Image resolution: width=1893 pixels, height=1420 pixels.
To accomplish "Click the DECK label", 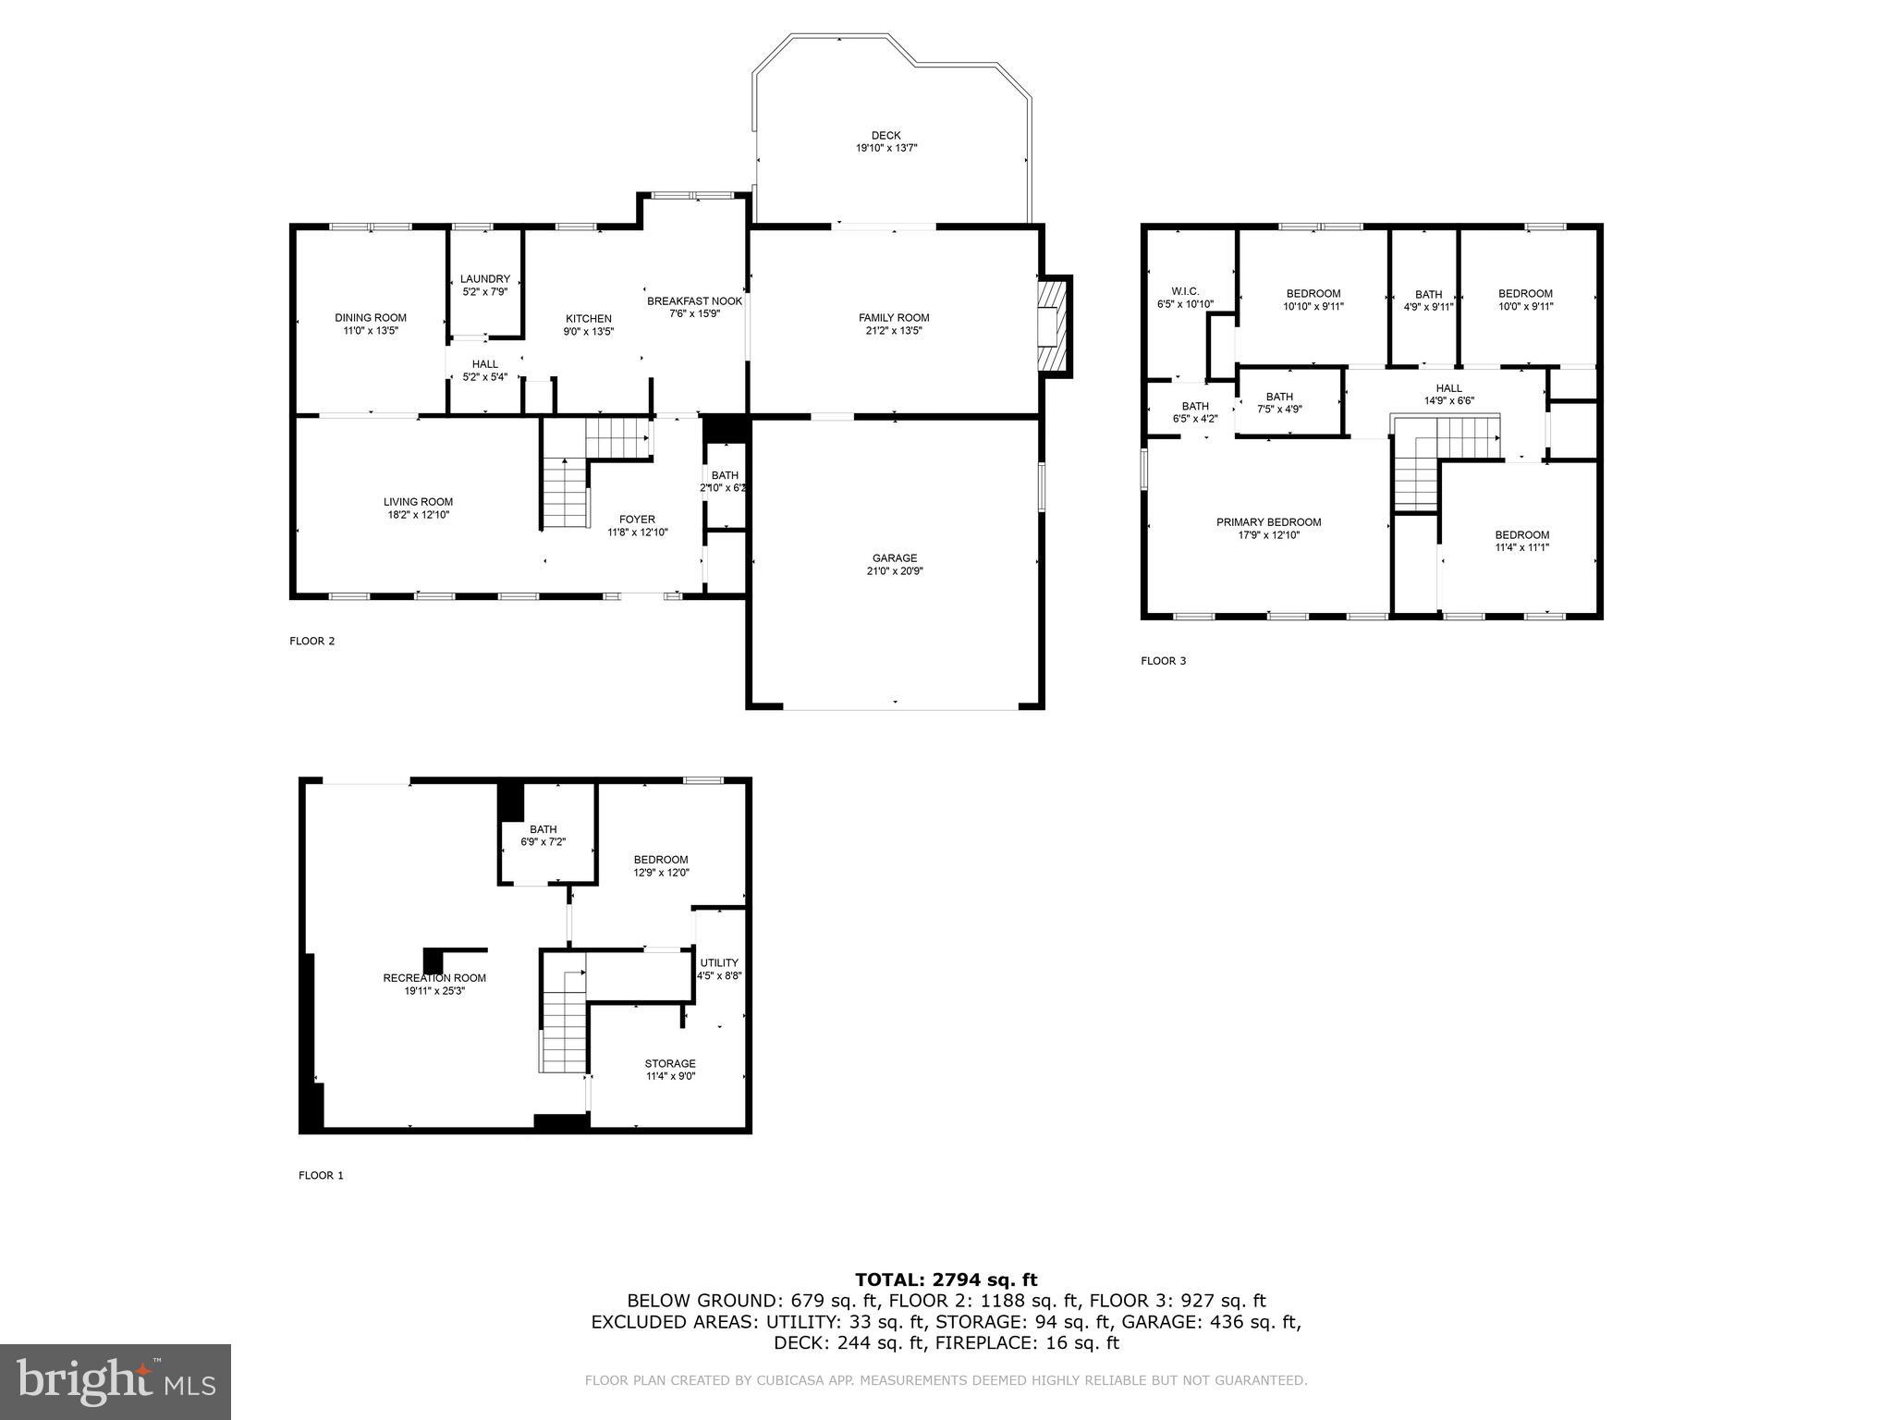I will pos(885,136).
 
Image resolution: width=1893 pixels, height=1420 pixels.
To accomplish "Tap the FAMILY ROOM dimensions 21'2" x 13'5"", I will pos(894,331).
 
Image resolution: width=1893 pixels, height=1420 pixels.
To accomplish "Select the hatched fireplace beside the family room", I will pos(1051,325).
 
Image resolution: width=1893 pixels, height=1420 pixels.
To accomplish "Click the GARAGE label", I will pos(894,558).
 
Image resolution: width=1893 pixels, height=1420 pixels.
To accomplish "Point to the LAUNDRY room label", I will pos(484,279).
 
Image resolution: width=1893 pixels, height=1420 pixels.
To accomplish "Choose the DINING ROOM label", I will pos(370,318).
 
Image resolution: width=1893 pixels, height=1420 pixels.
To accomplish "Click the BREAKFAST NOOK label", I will pos(694,301).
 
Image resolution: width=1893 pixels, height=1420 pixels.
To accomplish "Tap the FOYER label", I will pos(637,520).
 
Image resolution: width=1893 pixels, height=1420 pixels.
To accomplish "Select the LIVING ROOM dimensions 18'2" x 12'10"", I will pos(418,515).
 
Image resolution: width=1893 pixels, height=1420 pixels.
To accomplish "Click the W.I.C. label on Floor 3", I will pos(1184,291).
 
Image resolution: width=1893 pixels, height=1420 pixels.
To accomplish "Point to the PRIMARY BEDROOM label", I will pos(1268,522).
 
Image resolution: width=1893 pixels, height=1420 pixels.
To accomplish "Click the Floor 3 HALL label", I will pos(1448,388).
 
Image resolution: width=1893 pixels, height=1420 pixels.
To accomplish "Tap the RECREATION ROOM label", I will pos(434,978).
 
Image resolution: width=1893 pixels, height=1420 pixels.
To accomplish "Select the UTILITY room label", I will pos(718,963).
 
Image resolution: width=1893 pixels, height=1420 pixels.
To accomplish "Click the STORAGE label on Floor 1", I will pos(669,1064).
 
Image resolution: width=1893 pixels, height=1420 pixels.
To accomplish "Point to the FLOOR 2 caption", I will pos(311,641).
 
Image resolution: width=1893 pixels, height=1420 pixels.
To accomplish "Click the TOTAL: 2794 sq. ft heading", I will pos(946,1279).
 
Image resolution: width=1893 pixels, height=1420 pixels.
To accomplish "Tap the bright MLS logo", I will pos(116,1381).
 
